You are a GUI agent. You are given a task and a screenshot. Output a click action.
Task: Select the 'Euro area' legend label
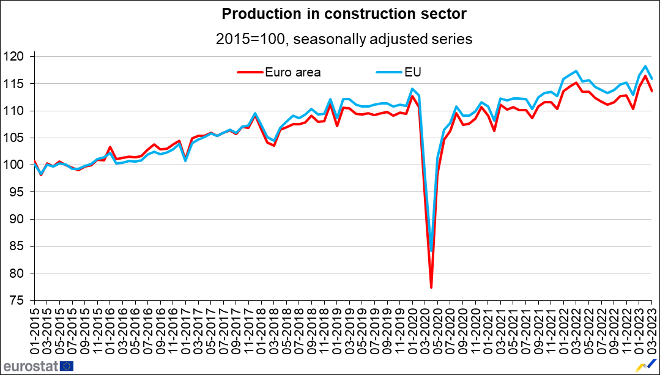[292, 72]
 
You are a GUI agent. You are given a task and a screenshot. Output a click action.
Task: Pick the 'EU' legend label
[413, 72]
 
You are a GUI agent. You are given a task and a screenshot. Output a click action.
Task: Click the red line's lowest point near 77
[431, 288]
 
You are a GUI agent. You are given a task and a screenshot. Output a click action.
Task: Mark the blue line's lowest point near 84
[432, 251]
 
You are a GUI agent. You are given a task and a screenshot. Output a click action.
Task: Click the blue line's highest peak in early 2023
[645, 66]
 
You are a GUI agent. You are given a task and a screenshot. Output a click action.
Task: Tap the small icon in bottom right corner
[643, 366]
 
